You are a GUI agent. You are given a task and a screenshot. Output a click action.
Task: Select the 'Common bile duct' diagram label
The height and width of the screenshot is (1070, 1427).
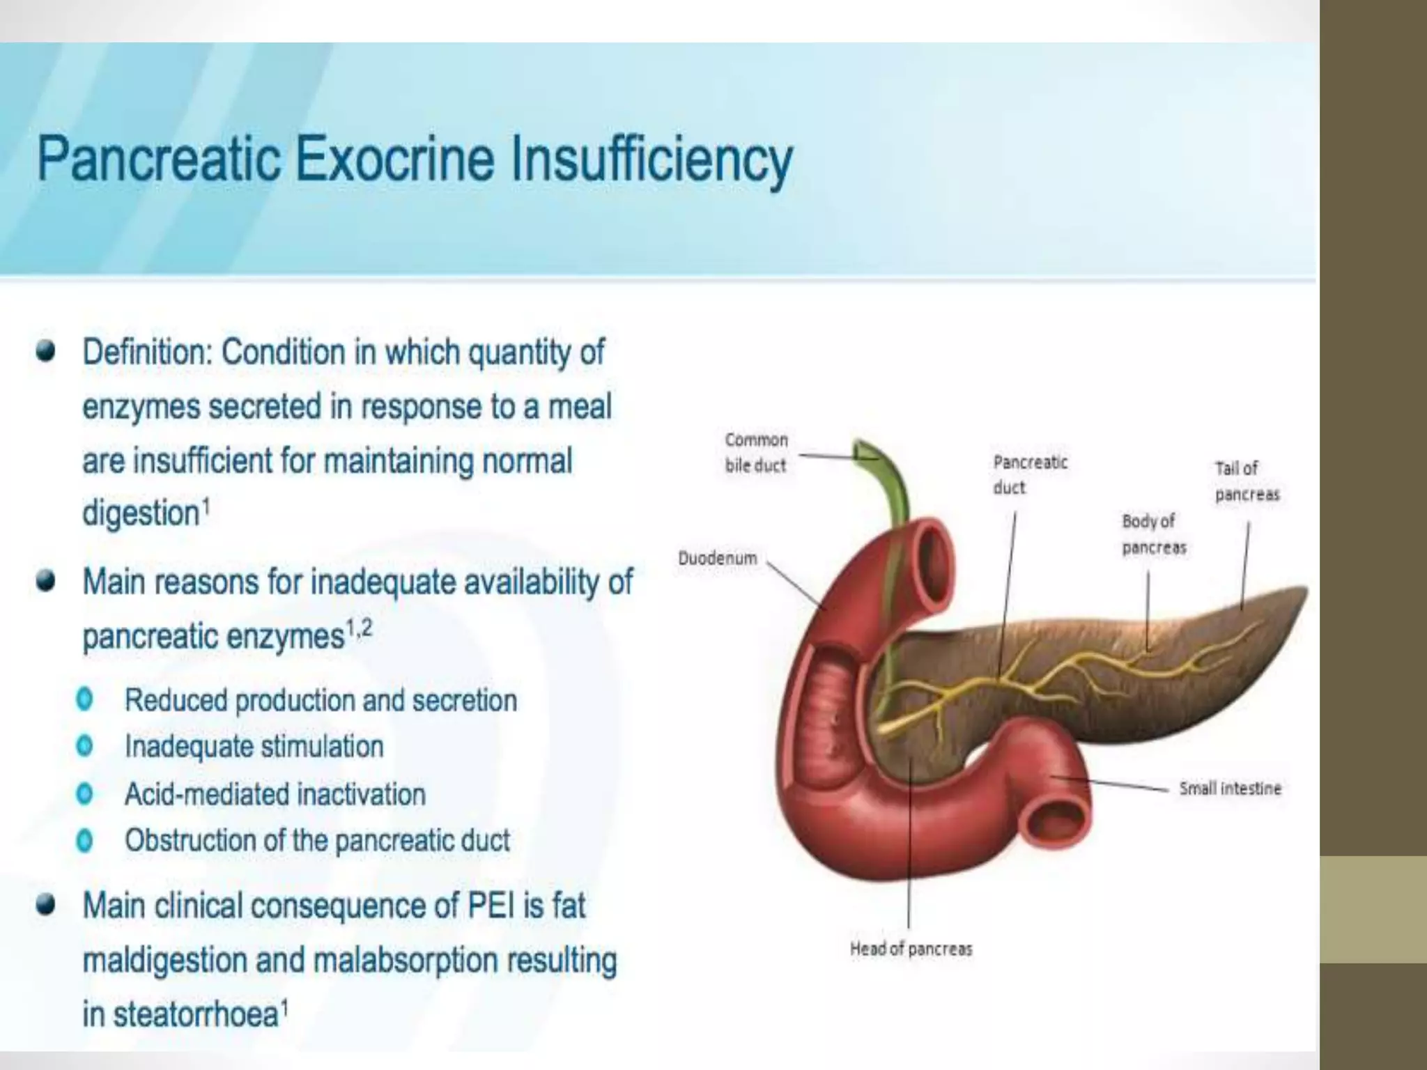point(756,453)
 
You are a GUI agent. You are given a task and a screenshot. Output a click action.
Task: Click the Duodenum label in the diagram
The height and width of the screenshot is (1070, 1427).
point(717,559)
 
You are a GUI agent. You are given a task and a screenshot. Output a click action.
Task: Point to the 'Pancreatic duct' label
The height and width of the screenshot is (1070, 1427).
point(1030,474)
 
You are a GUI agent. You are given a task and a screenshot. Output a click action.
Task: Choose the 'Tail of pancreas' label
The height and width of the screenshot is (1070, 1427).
point(1247,481)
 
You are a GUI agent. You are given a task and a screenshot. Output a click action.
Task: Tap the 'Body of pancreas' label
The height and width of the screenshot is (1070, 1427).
point(1153,534)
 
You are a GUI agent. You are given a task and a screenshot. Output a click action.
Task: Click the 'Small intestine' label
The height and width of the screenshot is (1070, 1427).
point(1230,789)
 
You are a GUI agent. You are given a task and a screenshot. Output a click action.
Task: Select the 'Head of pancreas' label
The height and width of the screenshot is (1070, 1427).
point(911,949)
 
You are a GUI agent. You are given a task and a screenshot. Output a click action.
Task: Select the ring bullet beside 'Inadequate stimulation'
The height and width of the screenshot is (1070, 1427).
point(85,746)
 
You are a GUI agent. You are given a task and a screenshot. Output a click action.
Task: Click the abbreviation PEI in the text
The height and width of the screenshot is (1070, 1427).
point(493,906)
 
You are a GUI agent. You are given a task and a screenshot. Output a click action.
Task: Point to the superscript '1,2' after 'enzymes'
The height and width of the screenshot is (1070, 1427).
point(359,630)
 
